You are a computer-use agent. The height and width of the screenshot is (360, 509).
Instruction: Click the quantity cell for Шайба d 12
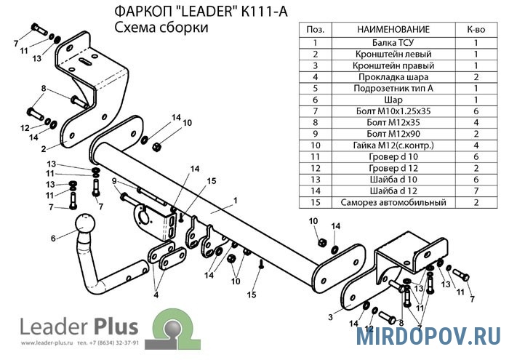(x=476, y=191)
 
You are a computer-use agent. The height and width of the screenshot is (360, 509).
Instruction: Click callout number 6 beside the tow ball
(x=52, y=238)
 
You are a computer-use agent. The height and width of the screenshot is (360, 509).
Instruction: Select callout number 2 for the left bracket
(x=44, y=148)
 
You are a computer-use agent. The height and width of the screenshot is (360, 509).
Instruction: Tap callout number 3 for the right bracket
(x=330, y=316)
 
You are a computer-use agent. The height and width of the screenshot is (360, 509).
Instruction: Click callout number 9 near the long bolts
(x=114, y=181)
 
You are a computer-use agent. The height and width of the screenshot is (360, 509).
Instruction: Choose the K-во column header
(x=476, y=28)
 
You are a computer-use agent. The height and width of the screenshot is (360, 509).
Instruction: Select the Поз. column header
(x=316, y=28)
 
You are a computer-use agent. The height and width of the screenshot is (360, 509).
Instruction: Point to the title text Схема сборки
(x=161, y=27)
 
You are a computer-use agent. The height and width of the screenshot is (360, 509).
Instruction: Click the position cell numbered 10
(x=316, y=145)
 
